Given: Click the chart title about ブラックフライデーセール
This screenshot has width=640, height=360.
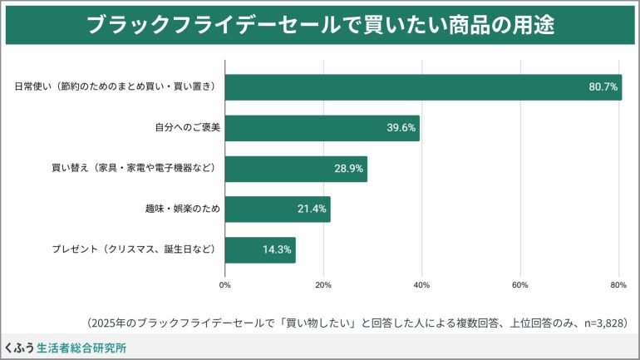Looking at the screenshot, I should [320, 26].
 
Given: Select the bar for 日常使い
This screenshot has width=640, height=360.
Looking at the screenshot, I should [423, 86].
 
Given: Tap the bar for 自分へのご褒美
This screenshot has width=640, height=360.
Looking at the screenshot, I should [322, 127].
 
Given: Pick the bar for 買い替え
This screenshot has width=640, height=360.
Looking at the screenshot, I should [296, 168].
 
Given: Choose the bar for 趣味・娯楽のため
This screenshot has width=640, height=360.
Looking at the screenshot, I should [278, 209].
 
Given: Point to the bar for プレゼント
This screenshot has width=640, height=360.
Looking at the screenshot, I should [260, 249].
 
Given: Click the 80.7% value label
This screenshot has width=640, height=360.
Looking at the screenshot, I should [603, 87].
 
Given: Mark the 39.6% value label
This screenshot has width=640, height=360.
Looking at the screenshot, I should [401, 128].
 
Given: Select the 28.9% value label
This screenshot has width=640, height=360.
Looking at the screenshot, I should [349, 169].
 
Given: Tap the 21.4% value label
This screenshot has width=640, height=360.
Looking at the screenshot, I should [312, 210].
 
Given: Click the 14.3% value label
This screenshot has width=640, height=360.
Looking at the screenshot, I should [277, 250].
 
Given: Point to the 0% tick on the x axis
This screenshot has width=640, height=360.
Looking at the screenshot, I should [225, 285].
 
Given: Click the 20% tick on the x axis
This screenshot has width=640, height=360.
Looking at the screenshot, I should [323, 285].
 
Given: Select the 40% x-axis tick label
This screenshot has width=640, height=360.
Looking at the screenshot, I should [421, 285].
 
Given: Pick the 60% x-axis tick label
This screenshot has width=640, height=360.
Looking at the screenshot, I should [520, 285].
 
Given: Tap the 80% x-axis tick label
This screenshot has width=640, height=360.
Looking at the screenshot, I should [618, 285].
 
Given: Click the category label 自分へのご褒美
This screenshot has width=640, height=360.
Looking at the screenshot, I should [187, 128].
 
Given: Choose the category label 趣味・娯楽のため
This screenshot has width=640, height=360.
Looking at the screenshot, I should [182, 210].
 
